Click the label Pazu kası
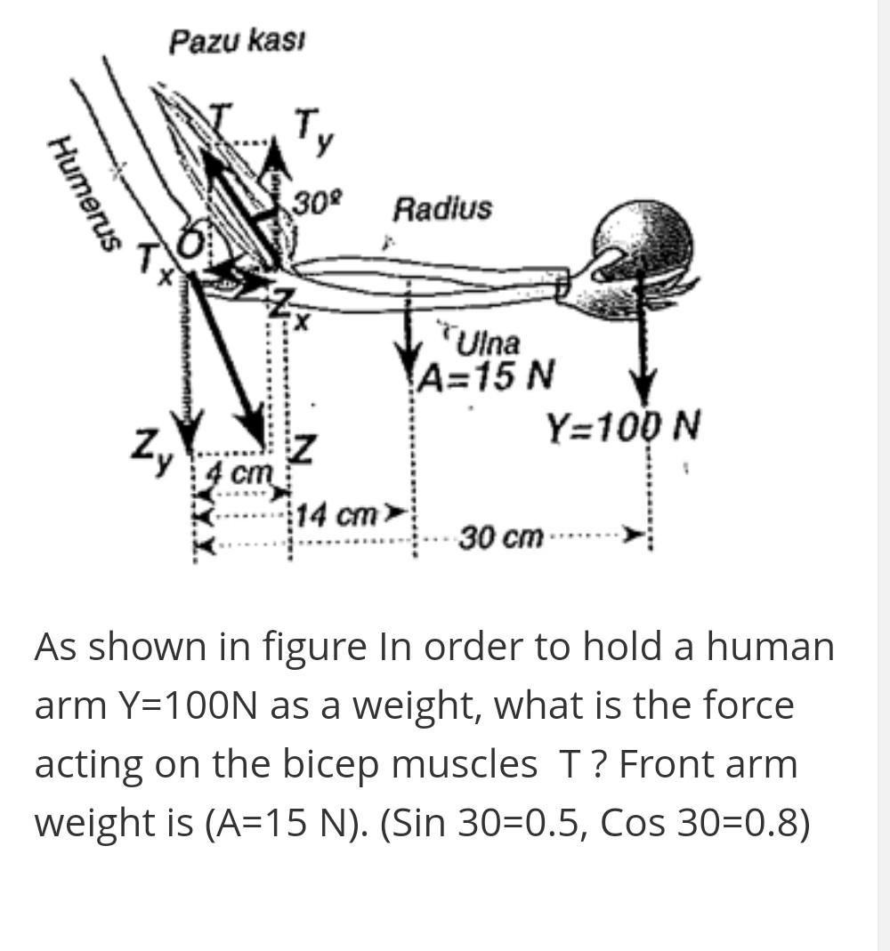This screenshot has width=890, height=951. [239, 40]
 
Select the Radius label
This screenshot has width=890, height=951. [442, 209]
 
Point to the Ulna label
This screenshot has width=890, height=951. [488, 343]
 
